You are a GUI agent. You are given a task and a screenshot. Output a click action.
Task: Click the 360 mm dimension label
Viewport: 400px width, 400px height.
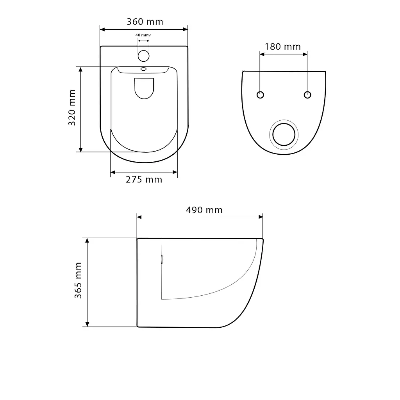pos(145,22)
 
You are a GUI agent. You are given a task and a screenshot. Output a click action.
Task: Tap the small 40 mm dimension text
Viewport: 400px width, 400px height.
pos(143,35)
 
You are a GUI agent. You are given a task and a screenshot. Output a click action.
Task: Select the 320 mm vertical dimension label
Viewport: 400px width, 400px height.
pos(72,107)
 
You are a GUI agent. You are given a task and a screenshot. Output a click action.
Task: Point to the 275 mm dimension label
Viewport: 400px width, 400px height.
pos(144,180)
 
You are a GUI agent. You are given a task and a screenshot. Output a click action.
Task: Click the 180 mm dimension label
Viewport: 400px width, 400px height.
pos(283,47)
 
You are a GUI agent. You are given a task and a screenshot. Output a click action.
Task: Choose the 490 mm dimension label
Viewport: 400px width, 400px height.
pos(204,210)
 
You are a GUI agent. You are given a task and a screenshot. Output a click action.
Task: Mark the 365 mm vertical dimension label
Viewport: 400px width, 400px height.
pos(78,280)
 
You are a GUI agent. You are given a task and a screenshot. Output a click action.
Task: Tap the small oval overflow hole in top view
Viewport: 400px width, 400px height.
pos(144,69)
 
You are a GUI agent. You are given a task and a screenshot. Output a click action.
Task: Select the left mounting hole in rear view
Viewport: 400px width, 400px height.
pos(260,95)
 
